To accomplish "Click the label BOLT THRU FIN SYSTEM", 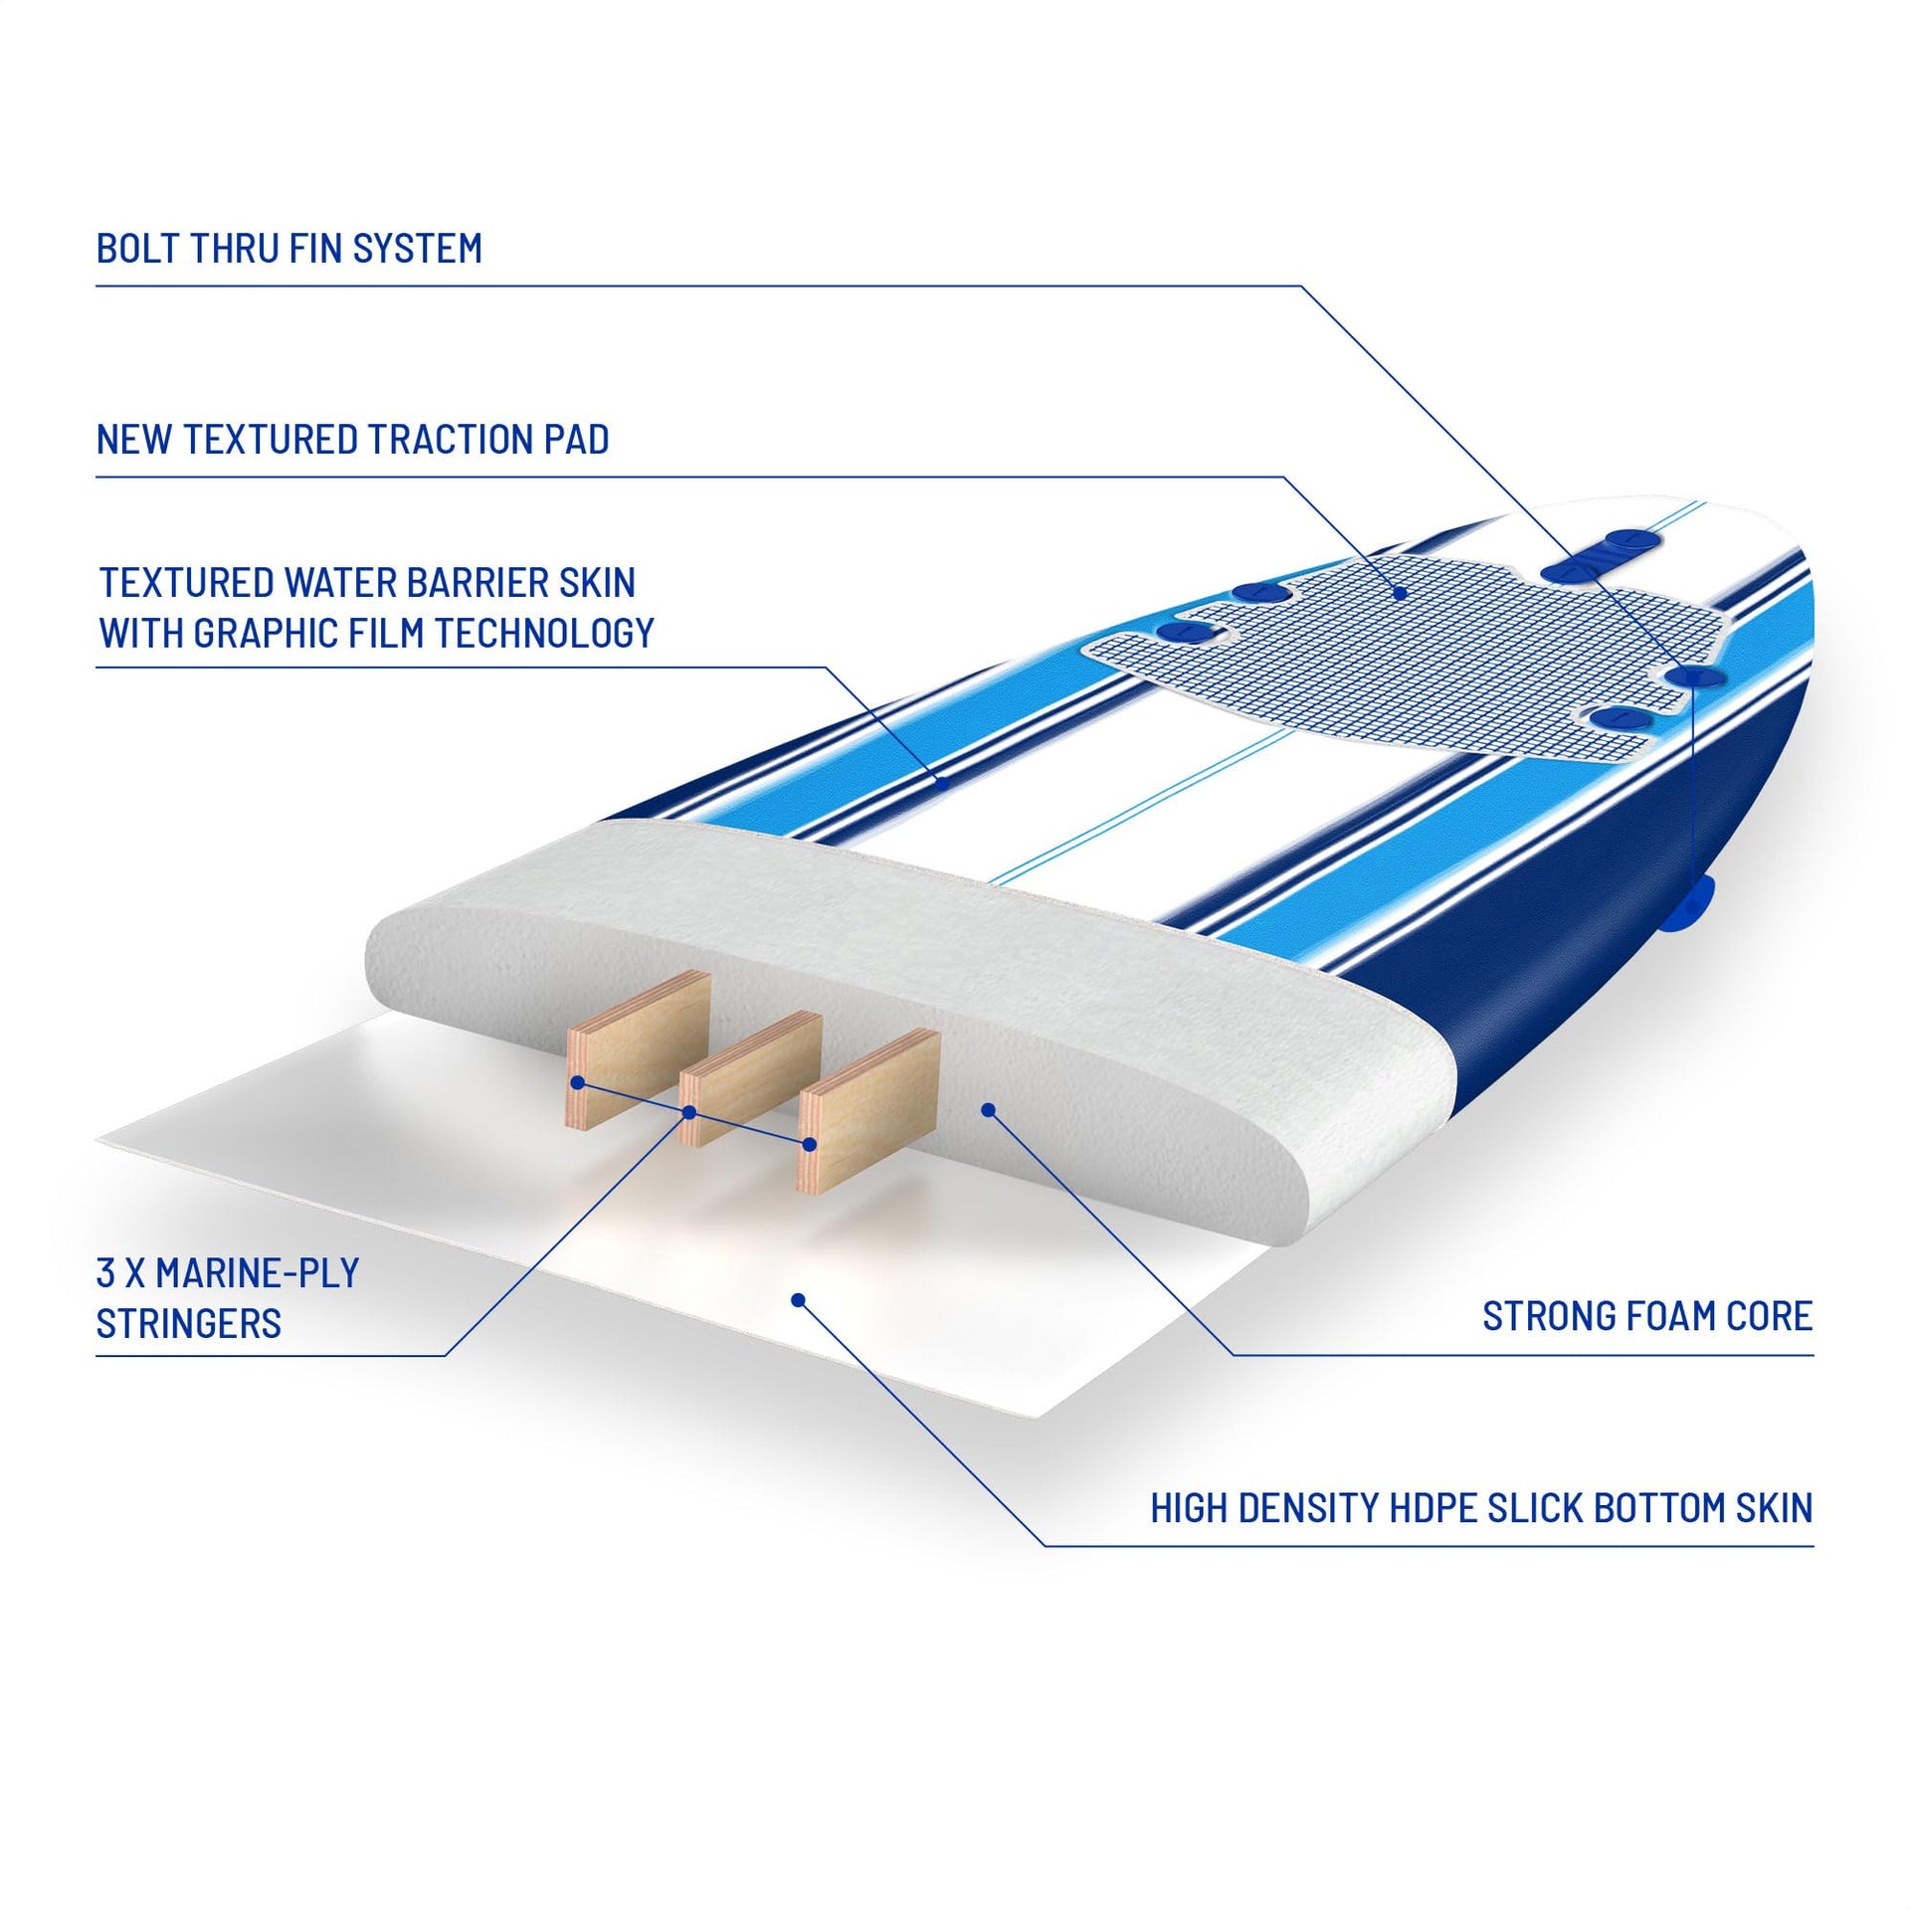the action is (x=288, y=248).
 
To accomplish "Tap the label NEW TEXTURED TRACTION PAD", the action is (x=352, y=439).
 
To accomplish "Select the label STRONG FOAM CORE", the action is (x=1647, y=1316).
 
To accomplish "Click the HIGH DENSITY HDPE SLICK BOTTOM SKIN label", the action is (x=1481, y=1507).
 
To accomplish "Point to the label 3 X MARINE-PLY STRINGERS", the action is (x=228, y=1298).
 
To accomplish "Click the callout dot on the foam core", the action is (x=987, y=1108).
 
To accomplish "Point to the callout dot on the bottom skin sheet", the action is (x=797, y=1298).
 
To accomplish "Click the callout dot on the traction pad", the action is (x=1400, y=593).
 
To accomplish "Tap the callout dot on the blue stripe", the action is (x=942, y=783).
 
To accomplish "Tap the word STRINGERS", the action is (x=189, y=1324).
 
